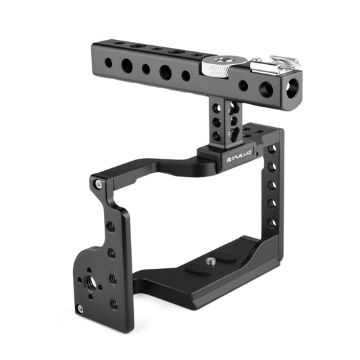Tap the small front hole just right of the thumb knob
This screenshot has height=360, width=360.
pos(242,85)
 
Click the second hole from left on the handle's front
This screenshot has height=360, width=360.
pos(126,66)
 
